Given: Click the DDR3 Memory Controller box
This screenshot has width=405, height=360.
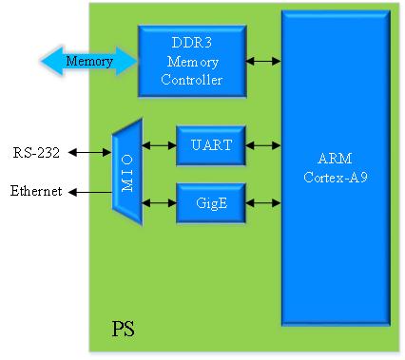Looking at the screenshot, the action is [192, 61].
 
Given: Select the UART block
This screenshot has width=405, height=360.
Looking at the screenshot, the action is [211, 145].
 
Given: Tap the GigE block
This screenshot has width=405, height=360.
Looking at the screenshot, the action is [211, 203].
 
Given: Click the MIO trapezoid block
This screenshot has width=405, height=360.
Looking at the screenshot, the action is [127, 172].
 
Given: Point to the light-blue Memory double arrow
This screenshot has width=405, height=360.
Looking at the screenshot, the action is [89, 61].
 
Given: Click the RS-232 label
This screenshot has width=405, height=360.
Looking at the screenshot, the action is [36, 153].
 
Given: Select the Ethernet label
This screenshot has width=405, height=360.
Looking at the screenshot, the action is [36, 191].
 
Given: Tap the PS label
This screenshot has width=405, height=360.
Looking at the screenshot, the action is [123, 329].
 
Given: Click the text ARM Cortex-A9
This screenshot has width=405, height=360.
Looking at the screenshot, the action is [336, 167].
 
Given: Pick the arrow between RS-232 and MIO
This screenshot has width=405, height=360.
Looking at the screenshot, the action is [90, 153].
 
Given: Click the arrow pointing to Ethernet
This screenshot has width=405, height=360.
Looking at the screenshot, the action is [90, 192].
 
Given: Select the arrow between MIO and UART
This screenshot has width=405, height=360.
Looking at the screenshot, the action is [159, 145].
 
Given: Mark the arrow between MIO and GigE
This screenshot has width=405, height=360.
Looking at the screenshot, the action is [159, 202].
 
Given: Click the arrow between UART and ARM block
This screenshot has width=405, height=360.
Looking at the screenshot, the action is [263, 145].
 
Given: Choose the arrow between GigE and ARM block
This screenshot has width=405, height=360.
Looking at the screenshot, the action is [263, 203].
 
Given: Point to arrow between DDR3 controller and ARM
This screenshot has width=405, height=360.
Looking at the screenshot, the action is [263, 61].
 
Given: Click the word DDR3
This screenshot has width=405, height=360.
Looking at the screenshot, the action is [192, 43].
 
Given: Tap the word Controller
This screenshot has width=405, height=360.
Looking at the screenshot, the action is [192, 79].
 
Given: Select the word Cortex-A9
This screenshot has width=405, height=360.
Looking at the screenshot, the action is [336, 177].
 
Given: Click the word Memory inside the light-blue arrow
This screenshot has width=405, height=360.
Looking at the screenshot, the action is [89, 61].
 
